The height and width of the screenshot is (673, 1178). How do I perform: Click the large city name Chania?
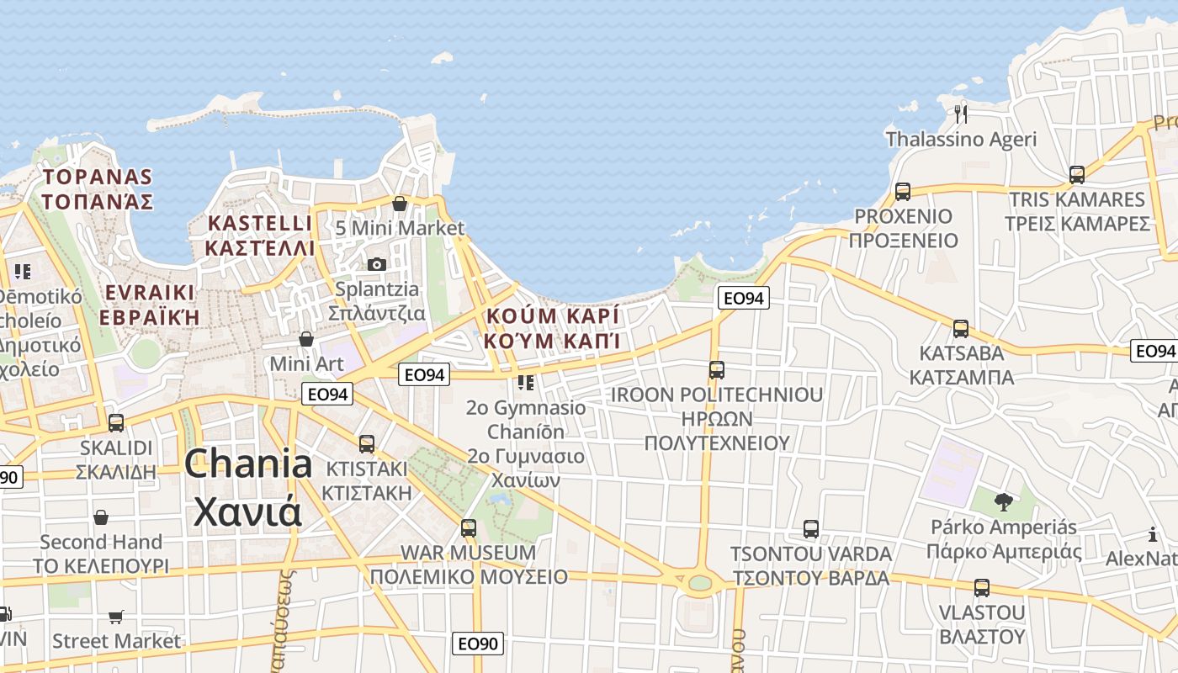point(248,464)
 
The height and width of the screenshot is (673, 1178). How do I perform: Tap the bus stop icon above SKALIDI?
point(116,422)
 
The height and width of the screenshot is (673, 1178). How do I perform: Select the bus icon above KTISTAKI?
point(366,443)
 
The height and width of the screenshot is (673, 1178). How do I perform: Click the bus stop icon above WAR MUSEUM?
point(469,528)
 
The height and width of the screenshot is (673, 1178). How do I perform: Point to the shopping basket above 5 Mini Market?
point(400,204)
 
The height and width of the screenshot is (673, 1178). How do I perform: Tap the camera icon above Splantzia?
point(377,264)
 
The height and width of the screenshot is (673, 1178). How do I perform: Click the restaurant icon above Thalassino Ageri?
point(961,114)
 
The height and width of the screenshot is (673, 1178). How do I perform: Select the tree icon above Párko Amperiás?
point(1003,502)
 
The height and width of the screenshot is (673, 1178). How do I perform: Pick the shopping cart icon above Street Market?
point(116,617)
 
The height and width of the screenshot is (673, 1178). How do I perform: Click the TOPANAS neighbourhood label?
point(98,178)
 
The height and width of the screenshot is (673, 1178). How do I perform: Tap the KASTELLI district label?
point(259,224)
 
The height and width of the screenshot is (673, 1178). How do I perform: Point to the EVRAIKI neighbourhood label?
point(150,293)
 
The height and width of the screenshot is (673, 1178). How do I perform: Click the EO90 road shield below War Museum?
point(478,644)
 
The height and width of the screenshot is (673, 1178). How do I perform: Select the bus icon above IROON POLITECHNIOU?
point(717,369)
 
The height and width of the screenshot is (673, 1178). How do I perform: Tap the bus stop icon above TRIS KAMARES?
point(1077,175)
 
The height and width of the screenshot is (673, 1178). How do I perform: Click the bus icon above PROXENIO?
point(903,191)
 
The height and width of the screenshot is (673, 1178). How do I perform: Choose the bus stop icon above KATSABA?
point(961,328)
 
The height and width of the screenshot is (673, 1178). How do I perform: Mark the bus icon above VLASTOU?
point(981,587)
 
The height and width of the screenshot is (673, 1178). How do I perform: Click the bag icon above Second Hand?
point(101,517)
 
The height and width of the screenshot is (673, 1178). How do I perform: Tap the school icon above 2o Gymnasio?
point(526,383)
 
